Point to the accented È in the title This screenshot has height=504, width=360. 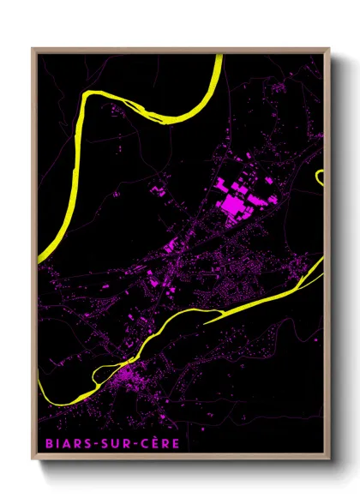(x=140, y=443)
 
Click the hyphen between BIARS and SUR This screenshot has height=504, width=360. (x=89, y=445)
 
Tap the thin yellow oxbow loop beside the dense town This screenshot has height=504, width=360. (x=103, y=369)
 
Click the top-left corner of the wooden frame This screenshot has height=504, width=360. (x=33, y=49)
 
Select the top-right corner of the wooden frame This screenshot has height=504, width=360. (x=329, y=49)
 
